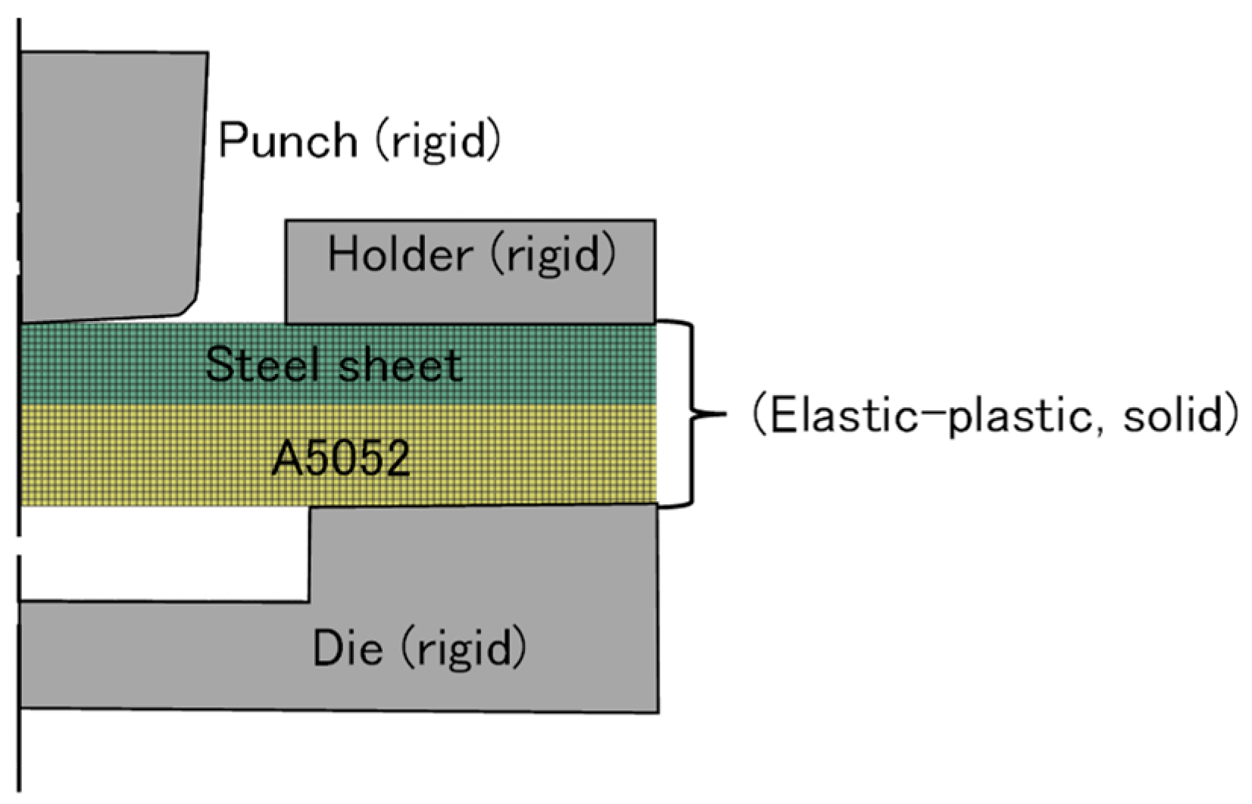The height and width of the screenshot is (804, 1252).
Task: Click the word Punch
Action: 288,141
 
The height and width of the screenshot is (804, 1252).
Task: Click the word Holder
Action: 400,254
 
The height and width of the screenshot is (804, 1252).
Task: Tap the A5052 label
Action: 341,459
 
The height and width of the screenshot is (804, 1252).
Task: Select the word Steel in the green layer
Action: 262,365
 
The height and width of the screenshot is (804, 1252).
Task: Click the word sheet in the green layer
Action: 400,365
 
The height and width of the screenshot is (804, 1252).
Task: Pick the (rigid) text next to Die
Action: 463,648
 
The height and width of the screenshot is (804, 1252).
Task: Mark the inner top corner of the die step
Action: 311,509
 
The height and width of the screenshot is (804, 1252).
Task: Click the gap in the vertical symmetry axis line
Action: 19,545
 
